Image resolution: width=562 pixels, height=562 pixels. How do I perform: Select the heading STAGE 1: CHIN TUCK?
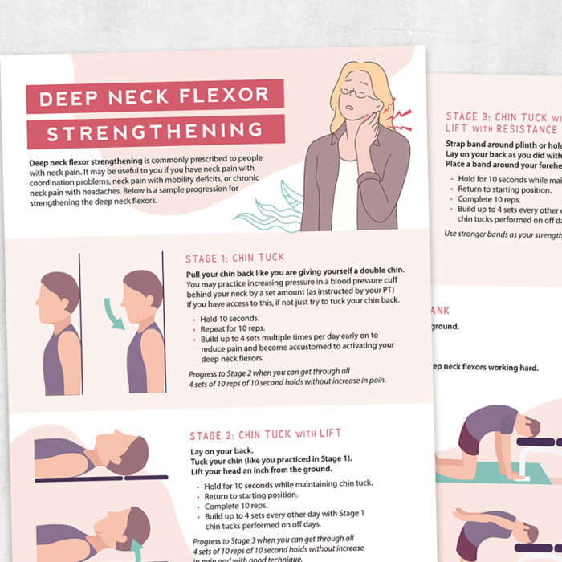235,258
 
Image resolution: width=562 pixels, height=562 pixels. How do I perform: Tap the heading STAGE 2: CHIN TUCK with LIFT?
266,434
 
